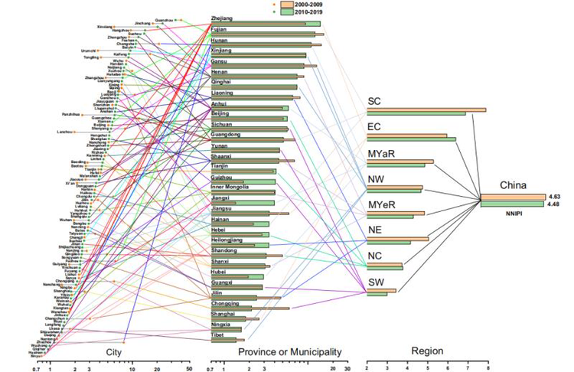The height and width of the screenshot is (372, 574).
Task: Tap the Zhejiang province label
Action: point(222,18)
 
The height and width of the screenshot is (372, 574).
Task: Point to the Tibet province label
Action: point(217,335)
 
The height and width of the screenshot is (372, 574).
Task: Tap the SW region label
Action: point(377,284)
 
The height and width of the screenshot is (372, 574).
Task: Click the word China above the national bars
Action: point(513,185)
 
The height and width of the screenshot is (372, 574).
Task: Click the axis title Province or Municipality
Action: point(289,351)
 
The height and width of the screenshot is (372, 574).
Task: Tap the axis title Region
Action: point(427,350)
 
